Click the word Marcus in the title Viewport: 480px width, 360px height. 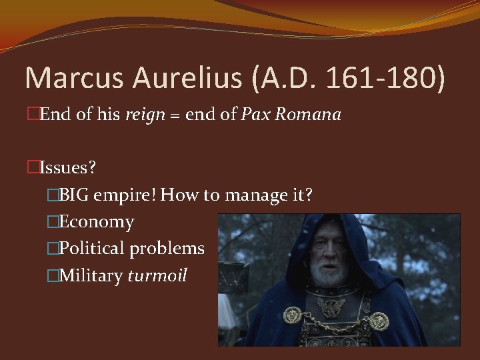pyautogui.click(x=73, y=77)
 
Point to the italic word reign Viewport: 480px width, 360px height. pyautogui.click(x=145, y=115)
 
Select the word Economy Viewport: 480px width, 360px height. pyautogui.click(x=97, y=222)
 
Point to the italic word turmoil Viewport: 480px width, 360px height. pyautogui.click(x=158, y=275)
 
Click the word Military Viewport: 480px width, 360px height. pyautogui.click(x=92, y=275)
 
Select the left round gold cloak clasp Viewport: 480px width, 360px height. pyautogui.click(x=293, y=316)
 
